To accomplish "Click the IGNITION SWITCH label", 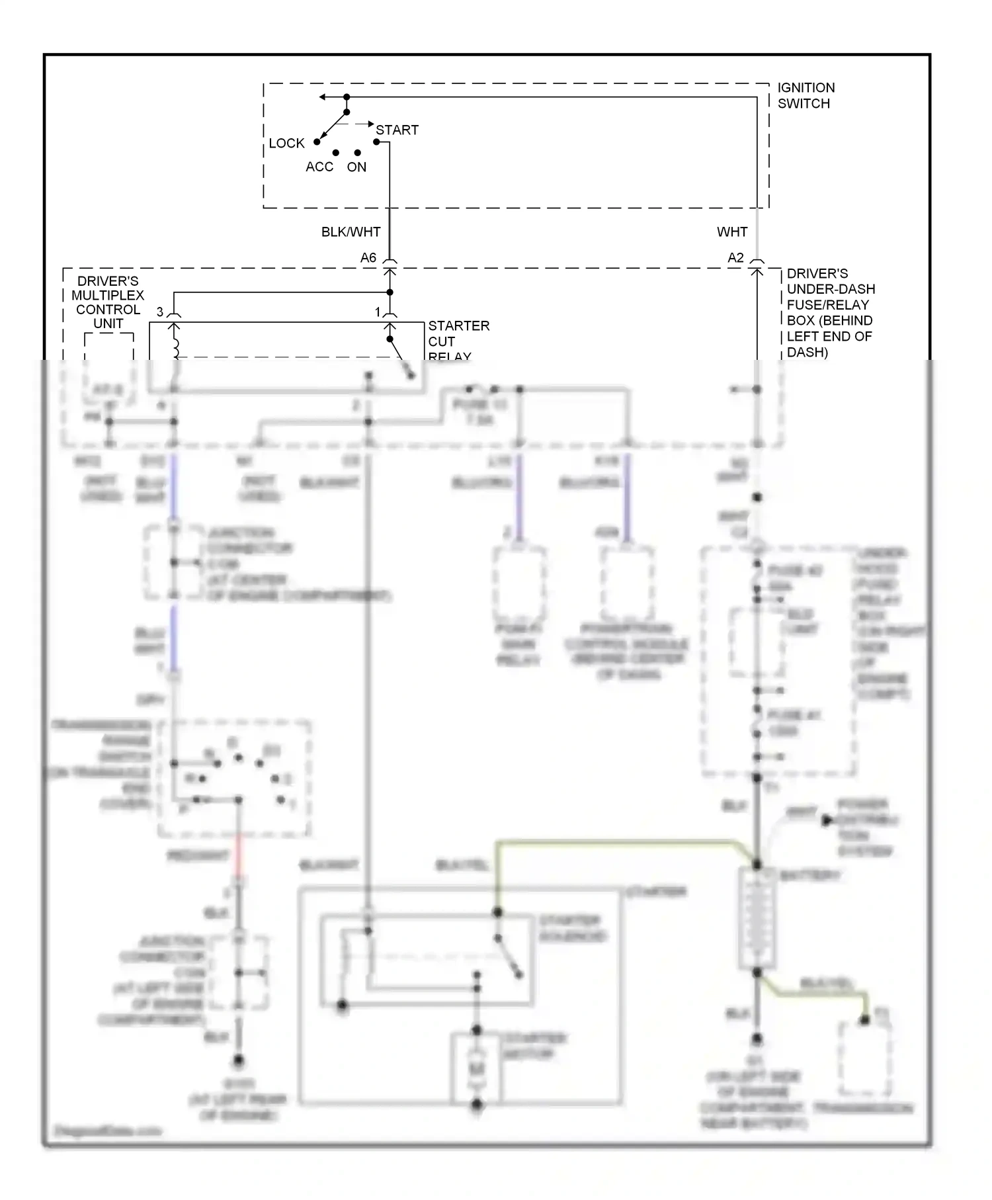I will tap(806, 95).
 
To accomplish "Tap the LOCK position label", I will tap(286, 144).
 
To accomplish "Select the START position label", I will tap(397, 130).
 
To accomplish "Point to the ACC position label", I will tap(319, 167).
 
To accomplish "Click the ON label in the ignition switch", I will tap(356, 167).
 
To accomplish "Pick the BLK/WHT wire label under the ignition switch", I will tap(351, 232).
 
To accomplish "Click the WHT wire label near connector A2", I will tap(732, 232).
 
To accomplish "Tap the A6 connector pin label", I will tap(368, 258).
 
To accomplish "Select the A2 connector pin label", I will tap(735, 258).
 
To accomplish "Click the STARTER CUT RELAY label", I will tap(458, 341).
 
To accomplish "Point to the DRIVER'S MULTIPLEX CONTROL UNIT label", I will tap(108, 302).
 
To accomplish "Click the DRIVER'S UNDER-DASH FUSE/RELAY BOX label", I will tap(830, 313).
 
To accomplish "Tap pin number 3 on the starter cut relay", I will tap(160, 312).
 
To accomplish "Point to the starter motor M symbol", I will tap(477, 1069).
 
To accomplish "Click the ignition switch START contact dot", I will tap(376, 141).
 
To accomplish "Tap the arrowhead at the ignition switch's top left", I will tap(323, 97).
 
